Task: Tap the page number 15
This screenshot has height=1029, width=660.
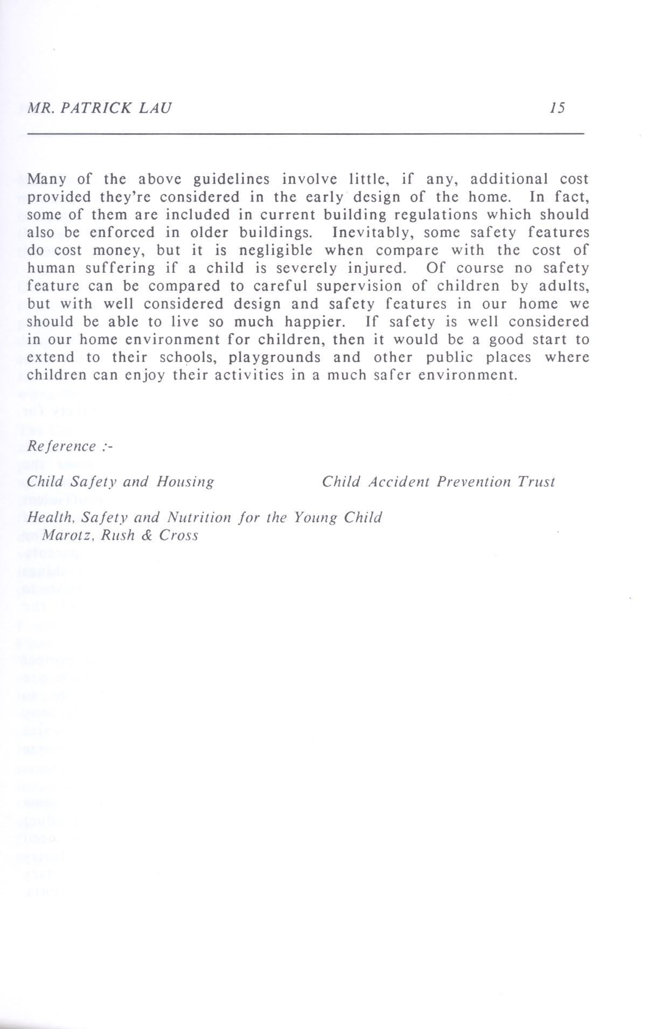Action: pyautogui.click(x=558, y=108)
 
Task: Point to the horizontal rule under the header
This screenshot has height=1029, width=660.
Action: pyautogui.click(x=305, y=133)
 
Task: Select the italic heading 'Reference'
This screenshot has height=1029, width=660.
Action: pyautogui.click(x=61, y=446)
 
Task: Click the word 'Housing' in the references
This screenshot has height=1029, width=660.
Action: pyautogui.click(x=185, y=482)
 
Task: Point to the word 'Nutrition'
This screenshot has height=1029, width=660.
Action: pyautogui.click(x=199, y=517)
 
